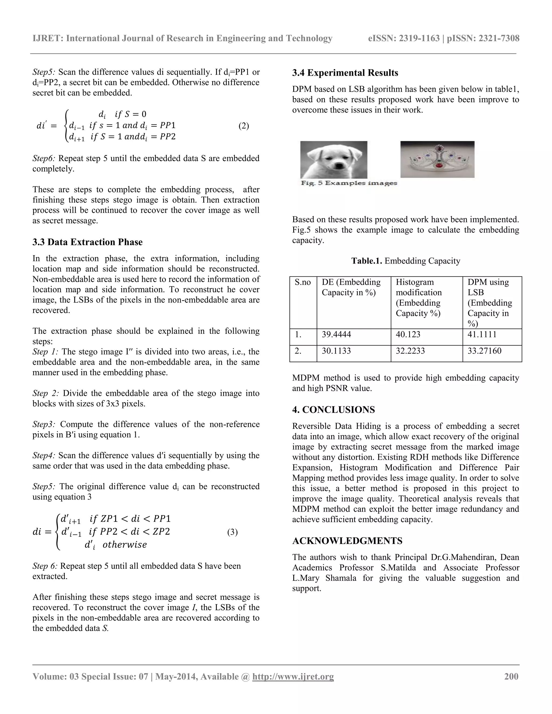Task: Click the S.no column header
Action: [x=302, y=282]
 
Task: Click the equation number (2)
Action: [x=244, y=126]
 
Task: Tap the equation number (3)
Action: [x=232, y=532]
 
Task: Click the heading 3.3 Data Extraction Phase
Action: [x=87, y=242]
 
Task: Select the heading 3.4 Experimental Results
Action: [x=345, y=73]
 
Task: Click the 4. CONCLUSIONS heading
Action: [x=334, y=410]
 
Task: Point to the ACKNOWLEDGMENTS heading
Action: [x=347, y=541]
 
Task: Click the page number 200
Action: [x=511, y=676]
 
